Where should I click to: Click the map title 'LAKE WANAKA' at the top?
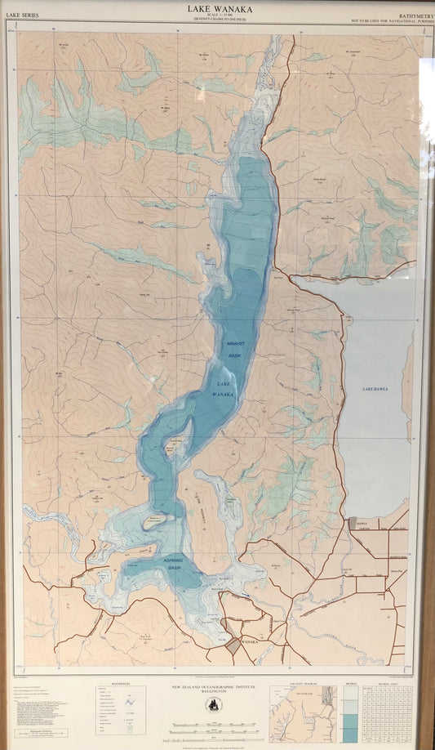pos(220,8)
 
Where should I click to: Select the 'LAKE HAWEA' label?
pos(375,389)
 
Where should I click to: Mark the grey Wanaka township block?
pos(233,645)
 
